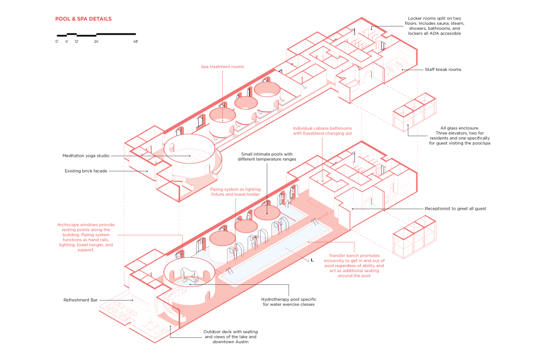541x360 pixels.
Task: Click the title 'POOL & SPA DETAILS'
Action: (83, 19)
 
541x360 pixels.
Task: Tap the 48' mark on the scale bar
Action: (135, 42)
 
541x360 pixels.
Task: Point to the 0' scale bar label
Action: (57, 42)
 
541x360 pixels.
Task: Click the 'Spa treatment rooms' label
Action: (222, 66)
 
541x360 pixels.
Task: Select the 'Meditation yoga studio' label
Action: (87, 156)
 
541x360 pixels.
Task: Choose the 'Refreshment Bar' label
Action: (80, 299)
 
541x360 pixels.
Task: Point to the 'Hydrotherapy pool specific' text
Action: (288, 298)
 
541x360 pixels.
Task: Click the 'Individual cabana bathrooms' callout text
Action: (322, 128)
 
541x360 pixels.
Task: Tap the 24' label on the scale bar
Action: (96, 42)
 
